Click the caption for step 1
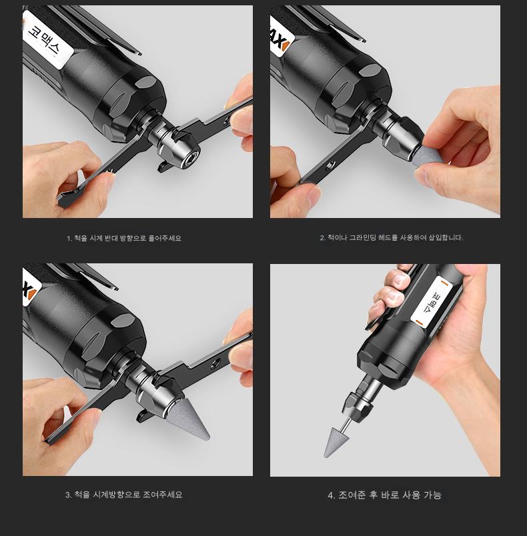pyautogui.click(x=124, y=238)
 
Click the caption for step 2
pyautogui.click(x=392, y=237)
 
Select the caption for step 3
pyautogui.click(x=124, y=495)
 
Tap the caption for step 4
pyautogui.click(x=385, y=495)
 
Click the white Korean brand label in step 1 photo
pyautogui.click(x=48, y=39)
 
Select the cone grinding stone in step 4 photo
pyautogui.click(x=337, y=441)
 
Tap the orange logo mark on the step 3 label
pyautogui.click(x=31, y=294)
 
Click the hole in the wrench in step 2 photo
pyautogui.click(x=330, y=166)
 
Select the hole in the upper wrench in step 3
pyautogui.click(x=214, y=363)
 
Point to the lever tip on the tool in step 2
pyautogui.click(x=363, y=40)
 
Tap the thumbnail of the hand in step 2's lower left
pyautogui.click(x=315, y=193)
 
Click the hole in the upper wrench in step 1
pyautogui.click(x=226, y=120)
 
